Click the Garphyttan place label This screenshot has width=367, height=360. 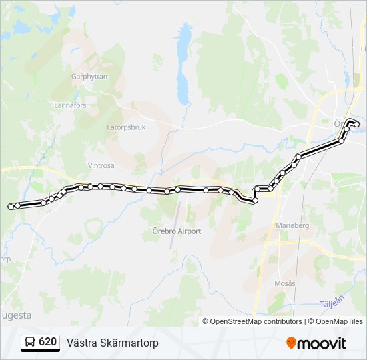click(x=89, y=77)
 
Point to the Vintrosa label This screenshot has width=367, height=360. click(x=101, y=165)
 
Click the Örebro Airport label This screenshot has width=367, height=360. click(x=172, y=231)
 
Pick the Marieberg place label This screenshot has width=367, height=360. click(x=292, y=226)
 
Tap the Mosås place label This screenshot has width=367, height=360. click(x=285, y=283)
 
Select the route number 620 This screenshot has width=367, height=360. click(x=48, y=342)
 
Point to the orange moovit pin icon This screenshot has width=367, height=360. click(x=291, y=343)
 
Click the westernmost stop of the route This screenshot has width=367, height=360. click(x=11, y=207)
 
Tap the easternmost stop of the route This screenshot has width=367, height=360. click(x=357, y=125)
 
